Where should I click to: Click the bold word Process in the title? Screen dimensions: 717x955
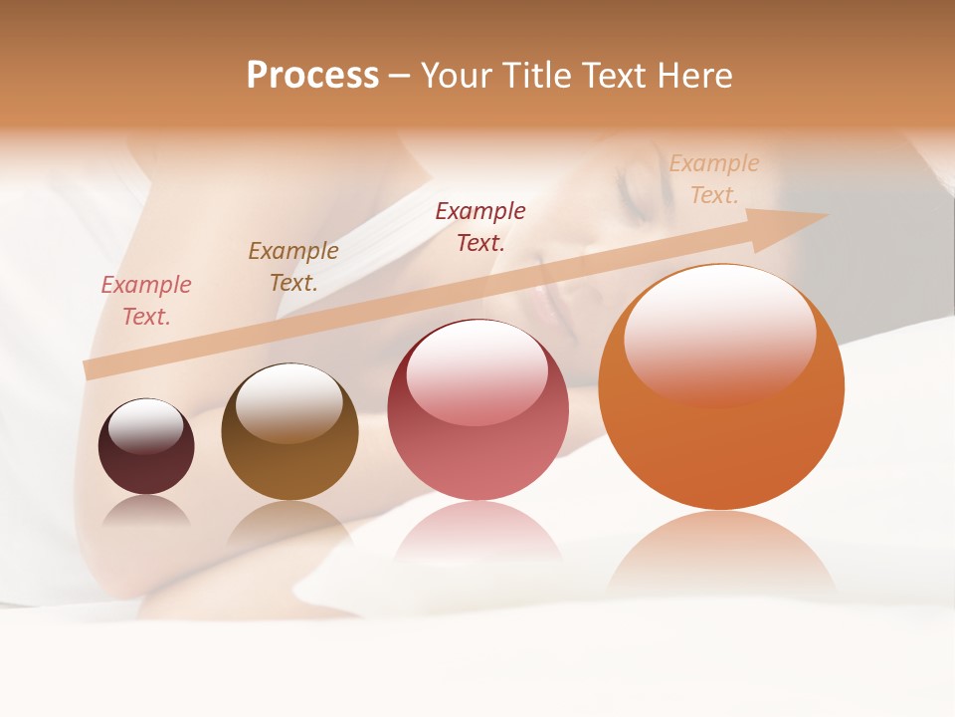(312, 76)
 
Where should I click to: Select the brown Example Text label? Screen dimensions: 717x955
(293, 267)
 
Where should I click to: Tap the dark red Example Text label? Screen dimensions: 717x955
(480, 227)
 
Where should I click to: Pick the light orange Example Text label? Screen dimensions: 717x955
(714, 179)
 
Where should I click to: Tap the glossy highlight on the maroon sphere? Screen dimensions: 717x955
(146, 425)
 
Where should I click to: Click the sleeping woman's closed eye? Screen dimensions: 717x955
(637, 189)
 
